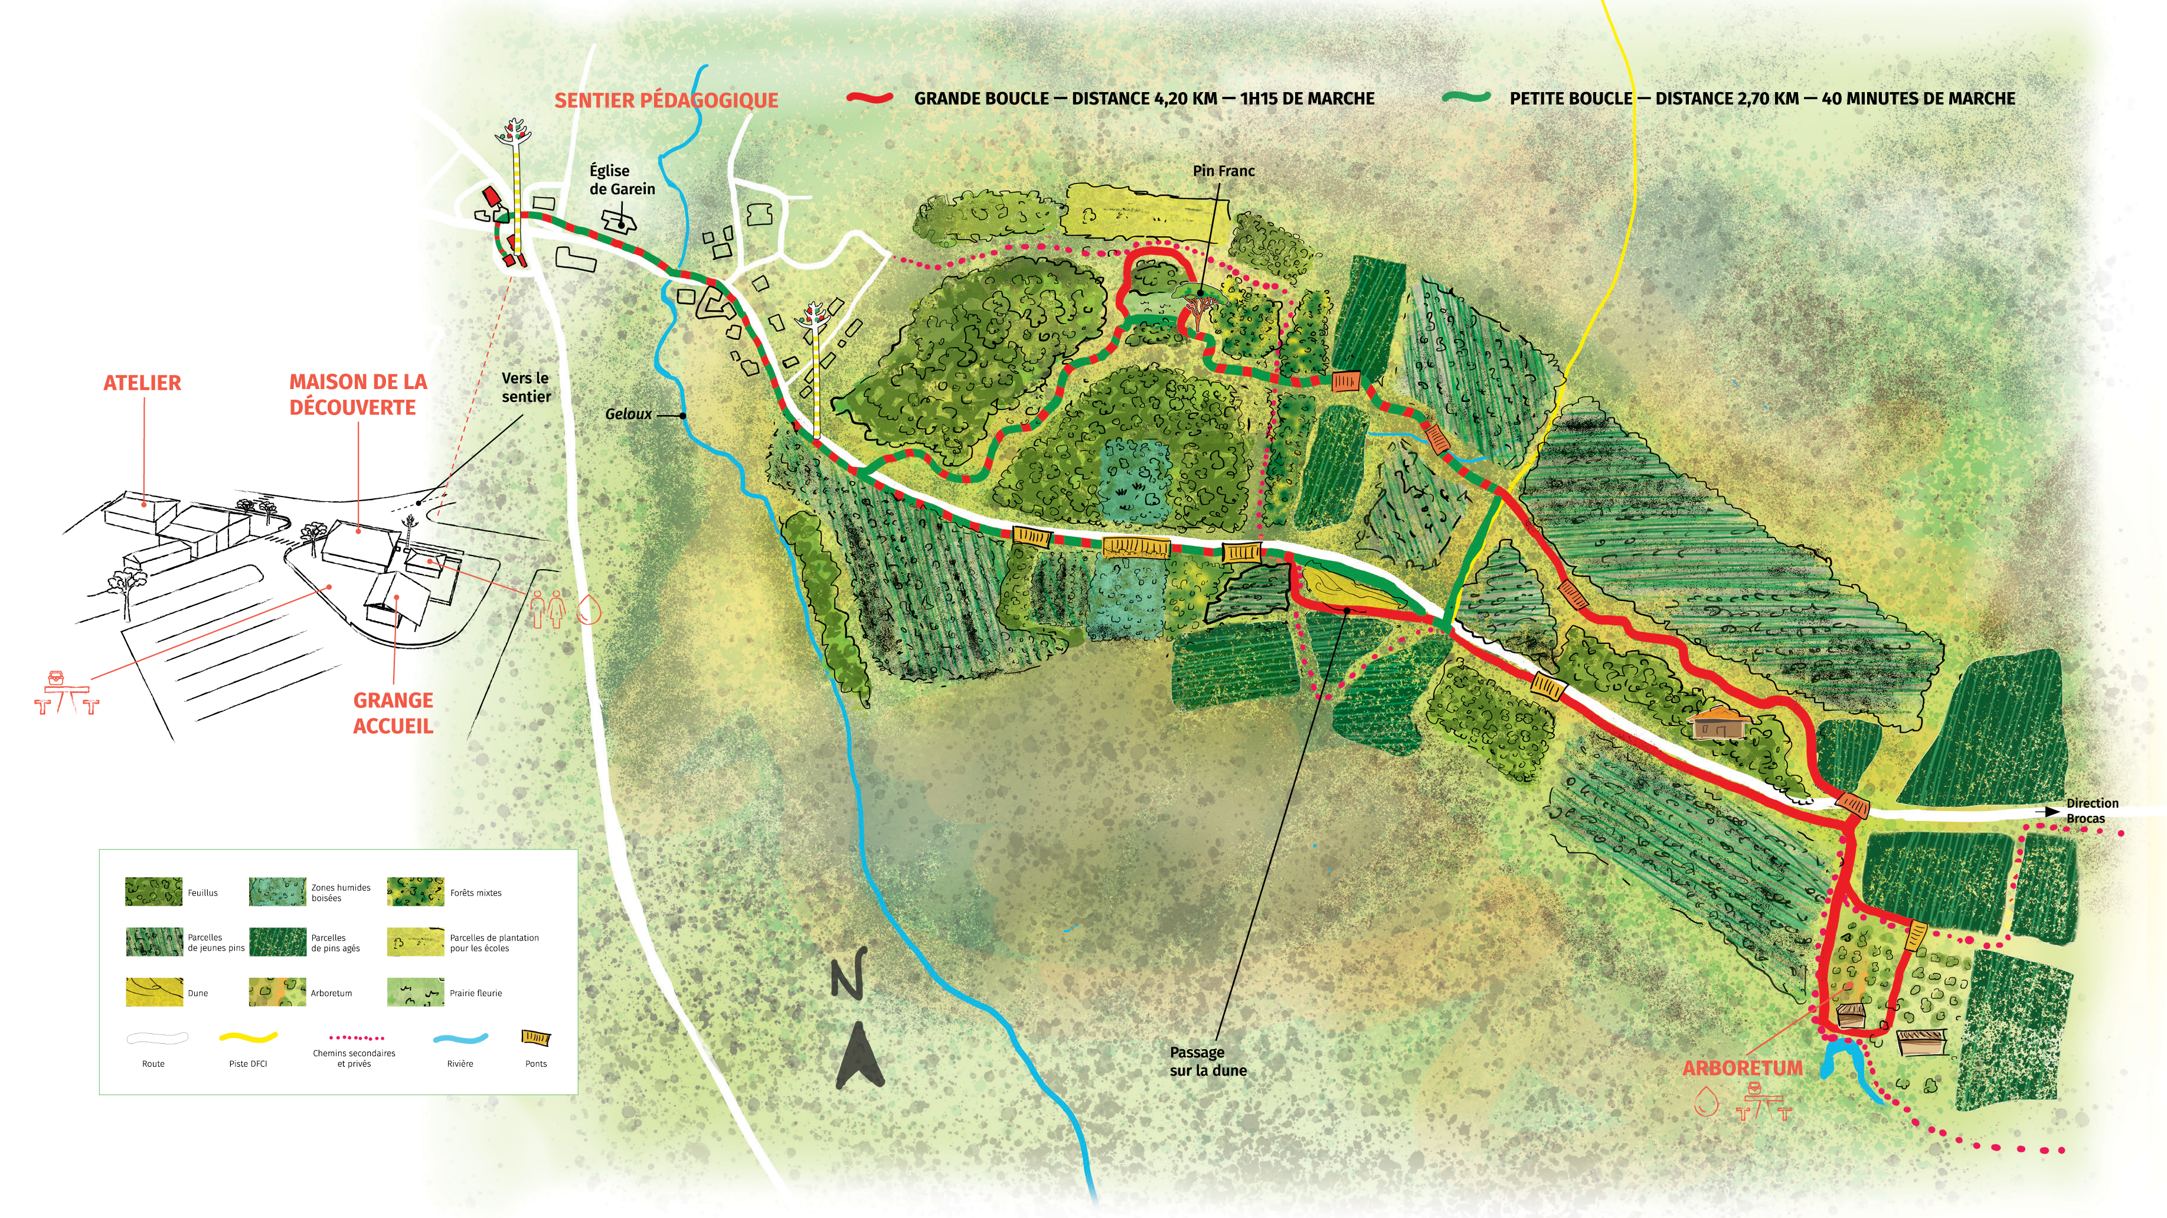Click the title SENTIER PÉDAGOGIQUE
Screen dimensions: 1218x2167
pos(665,100)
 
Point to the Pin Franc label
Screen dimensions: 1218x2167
pos(1223,171)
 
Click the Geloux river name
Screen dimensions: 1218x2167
pos(629,414)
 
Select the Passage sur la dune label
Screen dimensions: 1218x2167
pos(1208,1061)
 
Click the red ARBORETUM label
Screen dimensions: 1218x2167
pos(1742,1068)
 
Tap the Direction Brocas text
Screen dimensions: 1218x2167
pos(2091,811)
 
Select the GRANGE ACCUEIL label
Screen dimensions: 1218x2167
pos(393,713)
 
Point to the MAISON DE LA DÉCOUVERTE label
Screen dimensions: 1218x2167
pos(358,394)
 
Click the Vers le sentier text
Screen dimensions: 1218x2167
pos(526,387)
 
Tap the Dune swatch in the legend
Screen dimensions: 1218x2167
pos(154,992)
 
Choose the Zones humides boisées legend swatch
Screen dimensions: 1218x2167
pos(277,892)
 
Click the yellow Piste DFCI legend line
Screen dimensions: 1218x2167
pos(247,1038)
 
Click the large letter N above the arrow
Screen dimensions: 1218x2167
pos(848,974)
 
